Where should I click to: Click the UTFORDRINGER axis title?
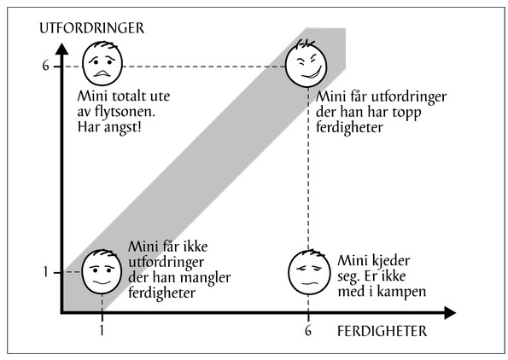pos(91,28)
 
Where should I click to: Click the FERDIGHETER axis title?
pos(382,331)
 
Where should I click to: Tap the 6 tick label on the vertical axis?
pos(46,66)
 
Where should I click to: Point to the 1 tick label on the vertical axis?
pos(46,271)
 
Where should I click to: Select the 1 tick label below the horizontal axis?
pos(102,330)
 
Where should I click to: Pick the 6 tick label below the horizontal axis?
pos(307,330)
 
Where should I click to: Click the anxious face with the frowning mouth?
pos(102,63)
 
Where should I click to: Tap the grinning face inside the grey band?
pos(307,63)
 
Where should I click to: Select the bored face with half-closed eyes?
pos(309,272)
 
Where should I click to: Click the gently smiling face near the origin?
pos(102,271)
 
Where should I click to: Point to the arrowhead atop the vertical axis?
pos(61,49)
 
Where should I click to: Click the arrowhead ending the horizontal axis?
pos(450,313)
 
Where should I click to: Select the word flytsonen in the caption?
pos(125,112)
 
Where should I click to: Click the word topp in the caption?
pos(406,113)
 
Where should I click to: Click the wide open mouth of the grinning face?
pos(312,73)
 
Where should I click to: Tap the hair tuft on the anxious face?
pos(103,44)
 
